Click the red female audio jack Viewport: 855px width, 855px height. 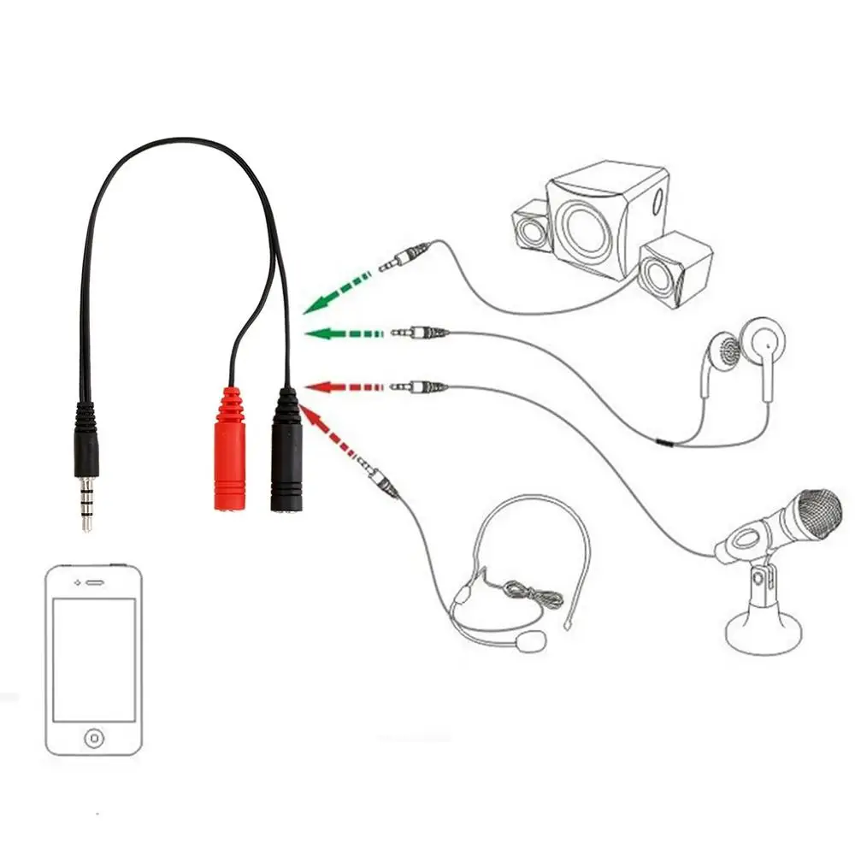pos(230,453)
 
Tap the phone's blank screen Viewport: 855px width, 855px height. pos(94,658)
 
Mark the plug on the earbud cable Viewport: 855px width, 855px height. pos(419,332)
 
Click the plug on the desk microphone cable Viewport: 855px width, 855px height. pos(419,387)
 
